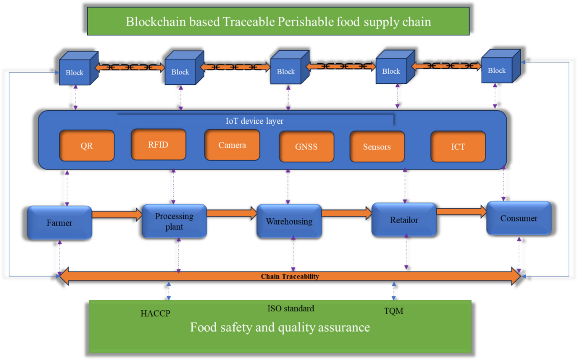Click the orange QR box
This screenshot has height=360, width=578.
(x=87, y=145)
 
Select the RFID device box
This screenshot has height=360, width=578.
(x=158, y=144)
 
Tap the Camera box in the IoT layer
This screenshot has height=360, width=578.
(x=232, y=145)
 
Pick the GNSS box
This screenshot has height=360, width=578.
(x=306, y=147)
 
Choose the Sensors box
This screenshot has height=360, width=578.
(x=377, y=147)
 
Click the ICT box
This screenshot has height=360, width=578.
(x=458, y=147)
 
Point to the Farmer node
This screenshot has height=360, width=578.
(x=59, y=223)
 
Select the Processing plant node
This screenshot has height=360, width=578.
(x=174, y=221)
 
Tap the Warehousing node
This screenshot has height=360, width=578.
(x=289, y=221)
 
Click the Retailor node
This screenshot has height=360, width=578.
(x=404, y=220)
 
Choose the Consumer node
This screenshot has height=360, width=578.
(x=519, y=218)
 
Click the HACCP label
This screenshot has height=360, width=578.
(x=155, y=313)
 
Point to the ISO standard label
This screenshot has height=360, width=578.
(x=290, y=308)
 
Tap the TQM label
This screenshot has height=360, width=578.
(x=394, y=311)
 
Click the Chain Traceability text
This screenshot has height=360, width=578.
(x=290, y=277)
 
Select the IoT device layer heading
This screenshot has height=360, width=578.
(x=254, y=121)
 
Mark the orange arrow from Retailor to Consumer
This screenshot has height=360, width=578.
(x=461, y=211)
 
